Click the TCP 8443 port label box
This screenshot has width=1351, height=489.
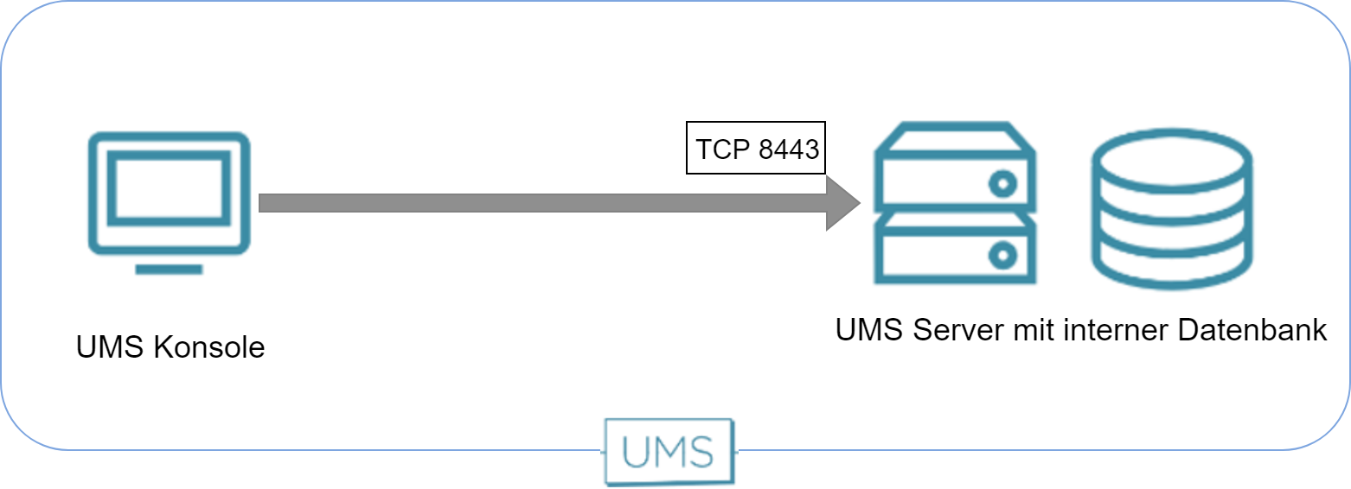756,148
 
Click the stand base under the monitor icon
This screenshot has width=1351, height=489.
170,270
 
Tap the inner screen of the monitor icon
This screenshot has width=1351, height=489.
170,187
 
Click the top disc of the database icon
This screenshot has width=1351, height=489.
1172,158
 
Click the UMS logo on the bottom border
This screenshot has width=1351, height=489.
669,451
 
